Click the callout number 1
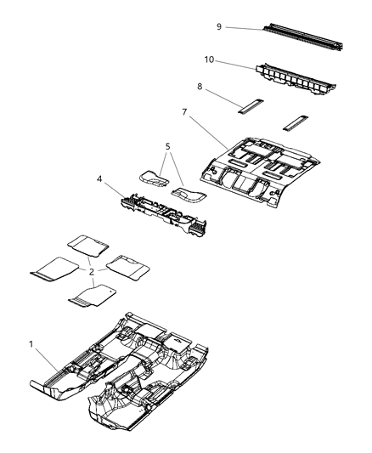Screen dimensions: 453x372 pos(32,346)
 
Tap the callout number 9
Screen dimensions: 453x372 pos(219,27)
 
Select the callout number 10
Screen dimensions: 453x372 pos(208,59)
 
